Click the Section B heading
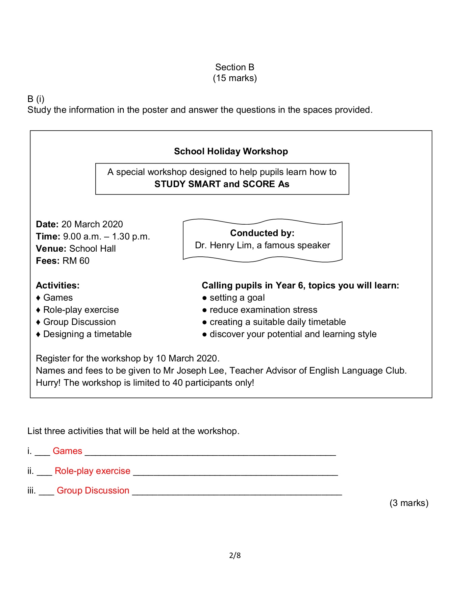coord(234,67)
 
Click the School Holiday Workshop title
coord(231,151)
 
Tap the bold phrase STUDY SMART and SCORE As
coord(222,184)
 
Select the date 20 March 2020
coord(92,224)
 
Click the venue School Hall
coord(92,249)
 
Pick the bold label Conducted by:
coord(262,233)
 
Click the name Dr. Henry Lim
coord(223,245)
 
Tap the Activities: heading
coord(58,285)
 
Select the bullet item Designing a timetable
coord(87,334)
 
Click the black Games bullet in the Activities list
coord(58,298)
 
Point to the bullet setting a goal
coord(237,298)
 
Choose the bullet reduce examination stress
coord(263,310)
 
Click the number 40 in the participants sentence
coord(177,383)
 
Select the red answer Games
coord(67,451)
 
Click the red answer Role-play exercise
coord(92,471)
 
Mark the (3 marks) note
coord(409,503)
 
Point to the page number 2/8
coord(235,555)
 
